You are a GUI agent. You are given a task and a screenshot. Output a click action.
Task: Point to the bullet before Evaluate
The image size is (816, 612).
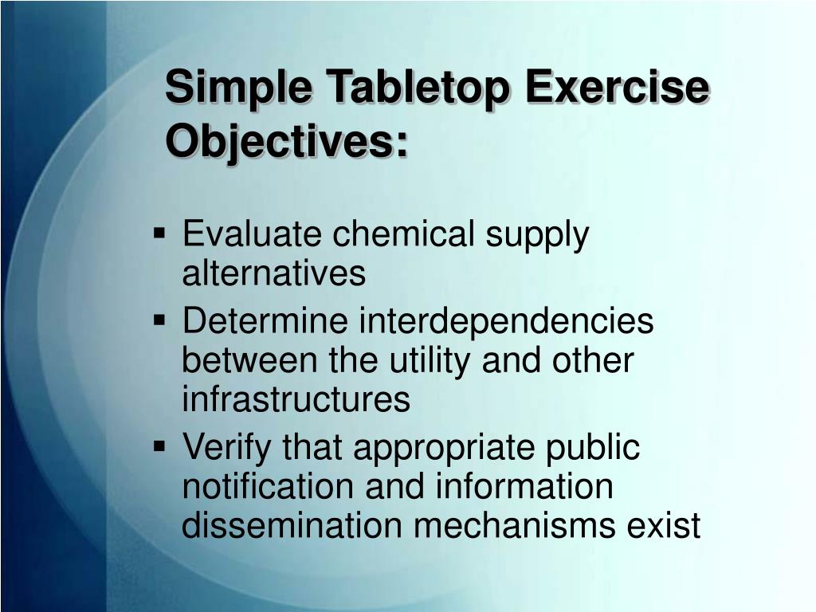tap(160, 234)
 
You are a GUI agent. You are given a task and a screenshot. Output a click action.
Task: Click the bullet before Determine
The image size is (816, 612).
tap(160, 321)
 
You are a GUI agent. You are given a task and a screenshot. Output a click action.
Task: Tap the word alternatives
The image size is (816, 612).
tap(273, 273)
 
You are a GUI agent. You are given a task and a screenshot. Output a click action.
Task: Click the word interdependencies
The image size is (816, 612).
tap(505, 323)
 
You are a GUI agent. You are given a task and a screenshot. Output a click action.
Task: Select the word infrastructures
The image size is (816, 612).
tap(296, 399)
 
